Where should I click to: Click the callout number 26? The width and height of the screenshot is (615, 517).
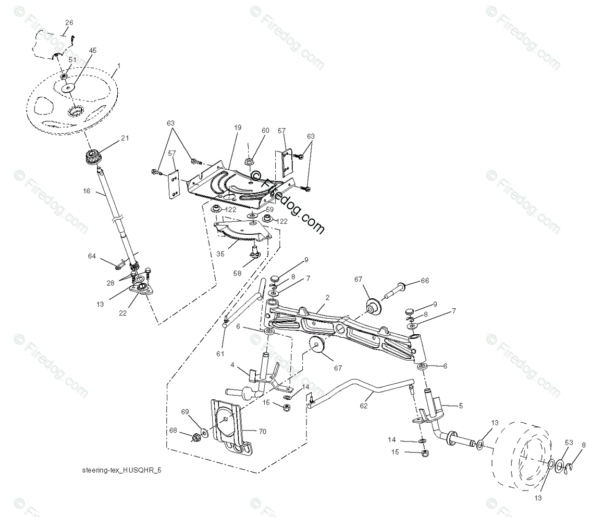69,22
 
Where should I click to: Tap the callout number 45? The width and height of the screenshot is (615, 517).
93,51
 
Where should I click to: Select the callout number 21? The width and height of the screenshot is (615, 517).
125,138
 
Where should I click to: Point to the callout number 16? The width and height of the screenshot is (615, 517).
87,192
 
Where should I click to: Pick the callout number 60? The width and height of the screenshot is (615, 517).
265,131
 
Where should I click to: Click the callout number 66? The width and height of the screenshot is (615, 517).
425,281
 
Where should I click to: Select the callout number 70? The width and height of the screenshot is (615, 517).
262,431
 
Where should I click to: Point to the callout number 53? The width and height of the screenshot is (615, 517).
569,443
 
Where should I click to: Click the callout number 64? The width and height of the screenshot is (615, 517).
92,256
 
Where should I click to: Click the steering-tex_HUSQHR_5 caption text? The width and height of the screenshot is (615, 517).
118,471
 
